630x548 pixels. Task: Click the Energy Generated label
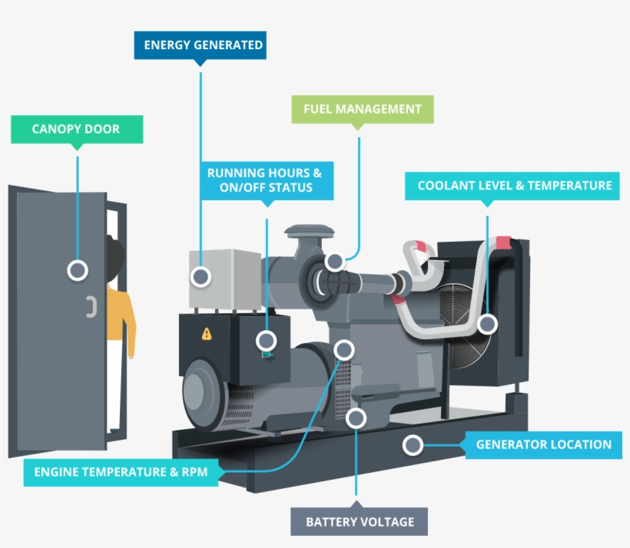coord(200,45)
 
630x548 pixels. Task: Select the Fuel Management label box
coord(363,109)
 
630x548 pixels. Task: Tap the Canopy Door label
coord(76,129)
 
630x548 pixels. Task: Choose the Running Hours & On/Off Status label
coord(259,180)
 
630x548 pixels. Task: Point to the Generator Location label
coord(543,444)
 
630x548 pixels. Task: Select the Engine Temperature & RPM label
coord(121,472)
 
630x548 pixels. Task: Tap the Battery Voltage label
coord(360,522)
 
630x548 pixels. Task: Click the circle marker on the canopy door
coord(77,269)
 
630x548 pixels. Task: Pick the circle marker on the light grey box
coord(201,276)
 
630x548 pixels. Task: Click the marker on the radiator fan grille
coord(487,324)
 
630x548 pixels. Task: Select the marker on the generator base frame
coord(413,444)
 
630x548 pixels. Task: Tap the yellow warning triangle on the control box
coord(206,334)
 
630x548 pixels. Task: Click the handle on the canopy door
coord(90,307)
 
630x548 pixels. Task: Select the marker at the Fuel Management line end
coord(334,261)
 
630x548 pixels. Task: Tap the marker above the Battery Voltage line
coord(356,418)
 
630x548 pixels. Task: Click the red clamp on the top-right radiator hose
coord(503,243)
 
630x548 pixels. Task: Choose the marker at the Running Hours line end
coord(267,340)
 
